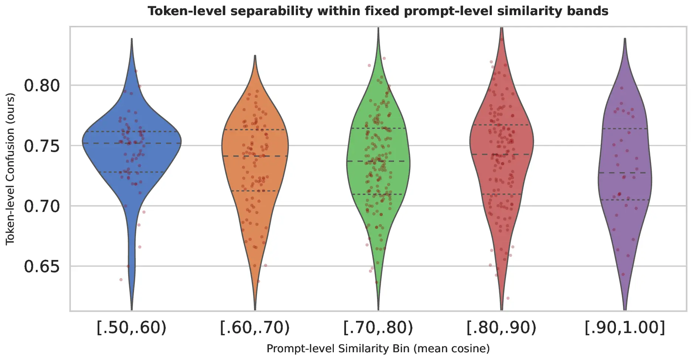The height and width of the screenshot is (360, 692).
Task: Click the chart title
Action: click(378, 11)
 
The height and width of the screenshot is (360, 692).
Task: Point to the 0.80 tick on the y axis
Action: click(42, 86)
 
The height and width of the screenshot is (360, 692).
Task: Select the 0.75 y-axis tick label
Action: click(42, 146)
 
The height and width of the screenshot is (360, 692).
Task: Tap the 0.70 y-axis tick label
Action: click(42, 206)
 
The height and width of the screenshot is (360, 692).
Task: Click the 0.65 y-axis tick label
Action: click(42, 266)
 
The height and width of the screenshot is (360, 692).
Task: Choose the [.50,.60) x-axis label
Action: click(132, 328)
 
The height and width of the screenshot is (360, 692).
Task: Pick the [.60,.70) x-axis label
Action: click(255, 328)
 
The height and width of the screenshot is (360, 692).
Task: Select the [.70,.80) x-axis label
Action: click(378, 328)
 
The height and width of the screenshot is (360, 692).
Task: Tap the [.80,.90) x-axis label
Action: click(501, 328)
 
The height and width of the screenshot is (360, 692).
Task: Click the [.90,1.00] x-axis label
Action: click(625, 328)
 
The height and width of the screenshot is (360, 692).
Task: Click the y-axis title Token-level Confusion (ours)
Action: click(10, 169)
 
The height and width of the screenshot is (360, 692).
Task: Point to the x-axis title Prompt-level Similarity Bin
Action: click(378, 349)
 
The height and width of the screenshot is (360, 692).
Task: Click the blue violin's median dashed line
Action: click(111, 143)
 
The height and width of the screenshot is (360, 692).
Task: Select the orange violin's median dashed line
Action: click(236, 156)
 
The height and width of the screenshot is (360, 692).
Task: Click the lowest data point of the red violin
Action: click(508, 298)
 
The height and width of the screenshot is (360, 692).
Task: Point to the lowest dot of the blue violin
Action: click(121, 280)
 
